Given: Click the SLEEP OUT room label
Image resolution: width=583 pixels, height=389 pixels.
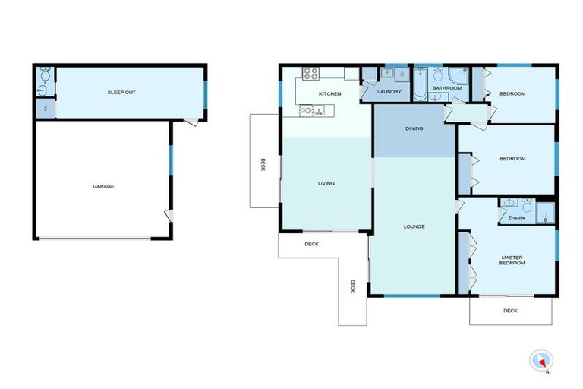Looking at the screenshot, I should coord(121,93).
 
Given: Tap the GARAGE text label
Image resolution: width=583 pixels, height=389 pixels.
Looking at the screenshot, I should coord(104,186).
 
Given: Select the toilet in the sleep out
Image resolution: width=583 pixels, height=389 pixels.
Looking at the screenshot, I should coord(44,76).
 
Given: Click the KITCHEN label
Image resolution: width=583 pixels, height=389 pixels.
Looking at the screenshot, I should coord(329,93).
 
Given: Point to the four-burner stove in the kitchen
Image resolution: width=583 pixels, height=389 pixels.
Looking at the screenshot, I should coord(310,74).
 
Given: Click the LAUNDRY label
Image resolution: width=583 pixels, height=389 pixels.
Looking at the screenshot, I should coord(389,93).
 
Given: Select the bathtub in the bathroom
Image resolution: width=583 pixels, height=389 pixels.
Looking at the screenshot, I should coord(420,83).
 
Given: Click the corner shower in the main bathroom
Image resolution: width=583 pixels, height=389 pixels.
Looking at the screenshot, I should coord(458,76).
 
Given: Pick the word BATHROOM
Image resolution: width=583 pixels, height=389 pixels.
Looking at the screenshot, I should coord(447,88).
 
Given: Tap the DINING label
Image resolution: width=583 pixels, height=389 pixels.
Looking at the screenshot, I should coord(414,128).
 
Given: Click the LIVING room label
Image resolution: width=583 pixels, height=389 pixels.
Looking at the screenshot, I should coord(326,183).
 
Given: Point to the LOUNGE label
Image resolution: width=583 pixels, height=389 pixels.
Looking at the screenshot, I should coord(414,226).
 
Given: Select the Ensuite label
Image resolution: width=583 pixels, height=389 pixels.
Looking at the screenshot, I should coord(515,219).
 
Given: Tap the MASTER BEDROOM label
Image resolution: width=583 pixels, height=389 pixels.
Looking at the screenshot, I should coord(512,261).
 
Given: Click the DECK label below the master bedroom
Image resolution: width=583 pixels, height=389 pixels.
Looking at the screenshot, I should coord(510,310).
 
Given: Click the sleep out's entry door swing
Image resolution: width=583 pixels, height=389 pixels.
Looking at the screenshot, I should coord(196,121).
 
